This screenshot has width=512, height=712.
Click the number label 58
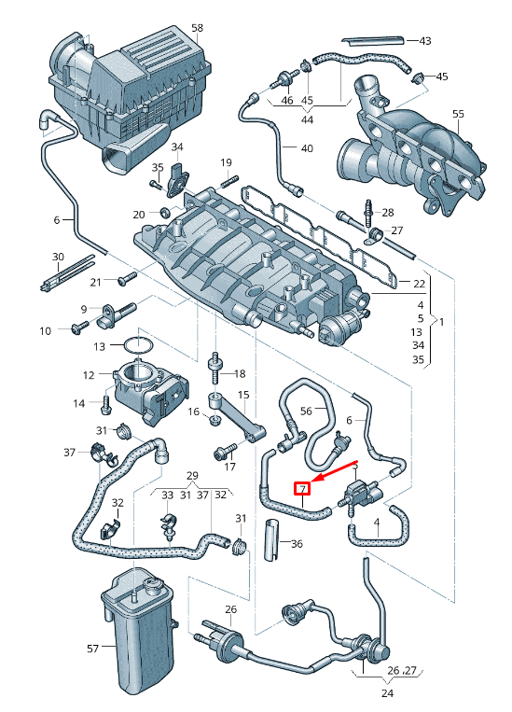click(x=197, y=29)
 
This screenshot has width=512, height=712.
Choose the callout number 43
click(x=424, y=41)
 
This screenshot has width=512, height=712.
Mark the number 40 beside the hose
click(x=307, y=148)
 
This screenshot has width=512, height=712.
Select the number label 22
click(x=419, y=282)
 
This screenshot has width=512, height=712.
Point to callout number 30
click(x=57, y=257)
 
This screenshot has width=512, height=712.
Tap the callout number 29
click(x=191, y=477)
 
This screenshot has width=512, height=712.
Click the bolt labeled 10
click(x=77, y=328)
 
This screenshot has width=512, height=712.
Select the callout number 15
click(x=243, y=396)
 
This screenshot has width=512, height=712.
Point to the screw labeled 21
click(x=126, y=279)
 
